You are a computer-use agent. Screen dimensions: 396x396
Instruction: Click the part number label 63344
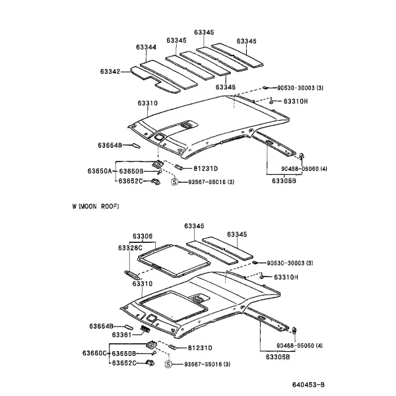147,48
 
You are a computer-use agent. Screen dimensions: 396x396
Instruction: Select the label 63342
110,71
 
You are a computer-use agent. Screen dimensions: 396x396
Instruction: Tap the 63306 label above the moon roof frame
143,236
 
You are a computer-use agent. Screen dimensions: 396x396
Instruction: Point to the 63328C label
130,247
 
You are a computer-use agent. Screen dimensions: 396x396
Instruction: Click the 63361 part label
121,335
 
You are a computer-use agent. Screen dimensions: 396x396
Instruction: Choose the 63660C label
94,353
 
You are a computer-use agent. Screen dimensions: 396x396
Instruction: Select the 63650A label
100,171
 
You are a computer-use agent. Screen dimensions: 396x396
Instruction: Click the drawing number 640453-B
308,385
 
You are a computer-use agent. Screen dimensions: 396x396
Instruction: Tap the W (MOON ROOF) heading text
96,207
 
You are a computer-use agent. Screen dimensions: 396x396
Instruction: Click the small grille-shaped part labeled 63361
145,329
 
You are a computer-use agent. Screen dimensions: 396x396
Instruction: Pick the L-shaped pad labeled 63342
155,80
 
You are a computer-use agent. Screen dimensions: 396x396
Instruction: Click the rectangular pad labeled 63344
168,75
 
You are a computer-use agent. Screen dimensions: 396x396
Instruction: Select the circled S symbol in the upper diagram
174,182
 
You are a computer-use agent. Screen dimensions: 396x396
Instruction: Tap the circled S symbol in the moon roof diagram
168,364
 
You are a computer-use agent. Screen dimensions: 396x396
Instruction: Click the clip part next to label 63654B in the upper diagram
135,145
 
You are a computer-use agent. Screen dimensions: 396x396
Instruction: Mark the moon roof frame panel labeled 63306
174,261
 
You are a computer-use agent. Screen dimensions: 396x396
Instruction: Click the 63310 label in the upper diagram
148,104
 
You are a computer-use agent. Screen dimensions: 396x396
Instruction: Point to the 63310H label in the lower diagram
286,277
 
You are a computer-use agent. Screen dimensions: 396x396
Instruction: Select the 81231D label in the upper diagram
205,168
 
